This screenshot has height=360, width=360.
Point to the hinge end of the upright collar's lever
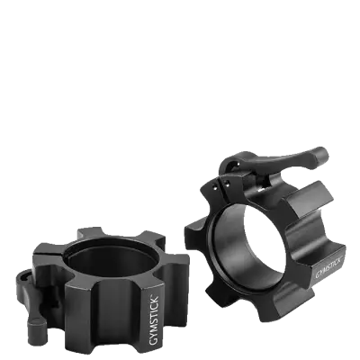[232, 166]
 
